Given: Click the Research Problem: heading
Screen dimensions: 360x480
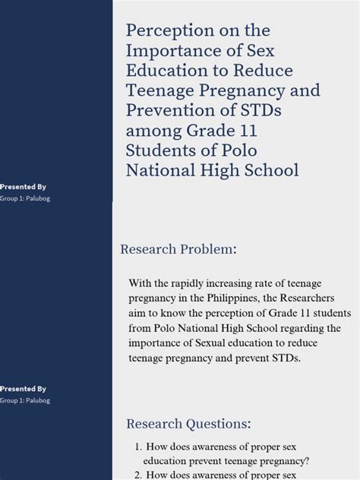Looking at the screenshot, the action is [179, 249].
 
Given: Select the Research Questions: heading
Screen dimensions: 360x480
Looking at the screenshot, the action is [188, 423].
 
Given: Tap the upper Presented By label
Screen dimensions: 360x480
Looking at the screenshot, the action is [23, 186].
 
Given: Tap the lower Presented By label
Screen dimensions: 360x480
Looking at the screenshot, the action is [23, 388].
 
